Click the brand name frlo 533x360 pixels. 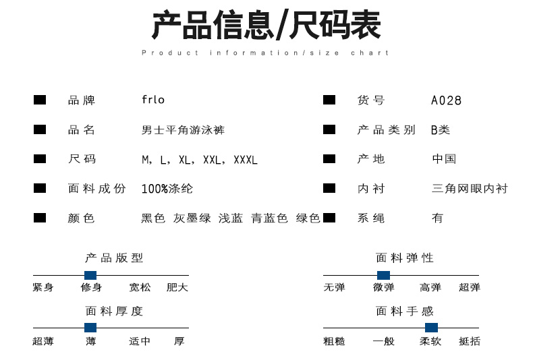tap(153, 100)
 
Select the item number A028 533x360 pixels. tap(446, 100)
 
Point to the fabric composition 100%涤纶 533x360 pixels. tap(167, 189)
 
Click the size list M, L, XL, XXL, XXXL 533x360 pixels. tap(200, 160)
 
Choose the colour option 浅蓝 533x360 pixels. tap(230, 218)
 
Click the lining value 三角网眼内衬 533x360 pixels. tap(470, 189)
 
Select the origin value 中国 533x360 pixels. tap(444, 159)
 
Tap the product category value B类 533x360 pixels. tap(441, 130)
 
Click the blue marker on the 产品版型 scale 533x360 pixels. tap(90, 275)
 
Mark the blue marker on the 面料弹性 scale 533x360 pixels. tap(383, 275)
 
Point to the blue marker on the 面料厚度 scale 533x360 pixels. tap(90, 328)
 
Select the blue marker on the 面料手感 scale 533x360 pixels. tap(431, 328)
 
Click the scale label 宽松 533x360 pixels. tap(140, 287)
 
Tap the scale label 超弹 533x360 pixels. tap(470, 287)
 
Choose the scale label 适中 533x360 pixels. tap(140, 341)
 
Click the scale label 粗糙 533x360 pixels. tap(334, 341)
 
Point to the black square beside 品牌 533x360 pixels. tap(40, 100)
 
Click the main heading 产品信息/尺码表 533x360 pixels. tap(266, 26)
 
